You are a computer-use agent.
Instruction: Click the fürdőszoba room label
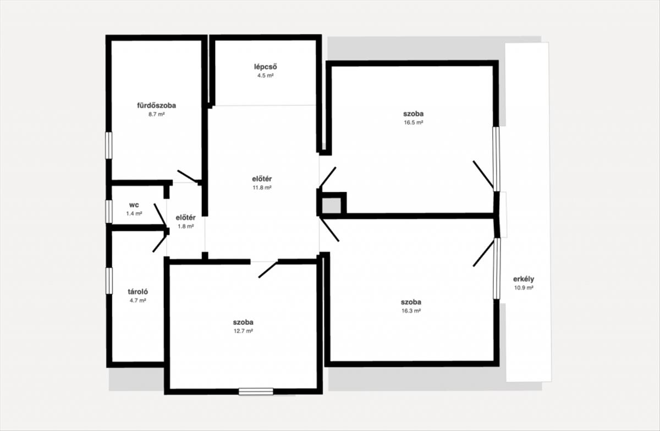tap(156, 106)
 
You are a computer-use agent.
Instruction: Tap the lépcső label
tap(266, 67)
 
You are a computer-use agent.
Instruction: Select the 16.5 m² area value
tap(414, 123)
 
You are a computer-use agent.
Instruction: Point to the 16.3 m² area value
tap(411, 311)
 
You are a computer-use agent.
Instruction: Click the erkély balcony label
tap(524, 279)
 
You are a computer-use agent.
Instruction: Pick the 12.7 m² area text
tap(243, 331)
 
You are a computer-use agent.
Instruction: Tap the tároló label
tap(137, 292)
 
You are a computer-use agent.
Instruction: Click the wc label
tap(134, 205)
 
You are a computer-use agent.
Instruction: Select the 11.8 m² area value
tap(262, 187)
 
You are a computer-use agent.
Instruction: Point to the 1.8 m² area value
tap(186, 226)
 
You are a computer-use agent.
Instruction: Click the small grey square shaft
tap(332, 206)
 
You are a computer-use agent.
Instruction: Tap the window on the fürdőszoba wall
tap(109, 146)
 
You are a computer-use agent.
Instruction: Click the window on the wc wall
tap(109, 212)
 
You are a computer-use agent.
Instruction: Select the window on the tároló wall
tap(109, 281)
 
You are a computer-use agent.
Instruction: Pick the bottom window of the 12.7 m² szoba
tap(256, 391)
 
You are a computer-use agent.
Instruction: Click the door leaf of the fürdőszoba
tap(188, 176)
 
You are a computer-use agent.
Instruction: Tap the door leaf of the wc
tap(160, 215)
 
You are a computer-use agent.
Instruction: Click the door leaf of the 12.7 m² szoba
tap(268, 269)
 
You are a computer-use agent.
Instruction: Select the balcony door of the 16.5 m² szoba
tap(483, 175)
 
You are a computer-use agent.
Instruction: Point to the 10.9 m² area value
tap(524, 288)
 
